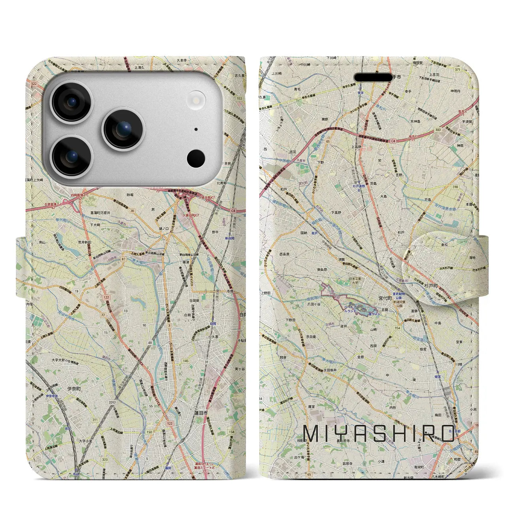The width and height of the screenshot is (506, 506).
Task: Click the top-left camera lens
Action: point(72,102)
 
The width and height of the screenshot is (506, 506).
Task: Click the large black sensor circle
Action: point(196,159)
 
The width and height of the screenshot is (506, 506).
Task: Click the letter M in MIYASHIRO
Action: point(310,434)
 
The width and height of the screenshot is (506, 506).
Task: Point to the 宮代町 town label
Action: point(384,299)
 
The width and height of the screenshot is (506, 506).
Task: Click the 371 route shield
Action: point(469,70)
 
